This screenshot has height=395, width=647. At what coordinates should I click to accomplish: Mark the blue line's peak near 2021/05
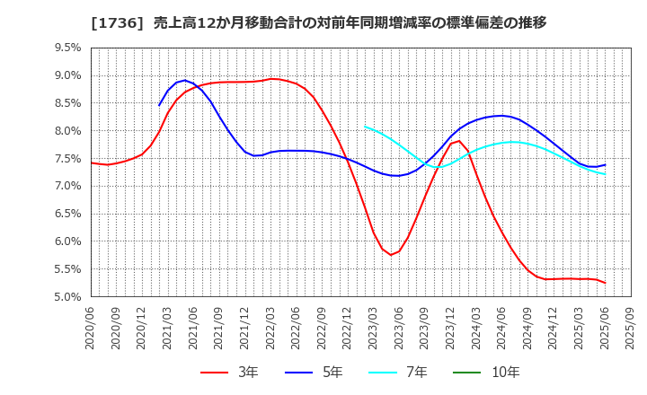tap(184, 81)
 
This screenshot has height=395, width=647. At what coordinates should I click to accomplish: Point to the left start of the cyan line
tap(365, 127)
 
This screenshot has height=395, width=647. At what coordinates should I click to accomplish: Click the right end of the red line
tap(605, 283)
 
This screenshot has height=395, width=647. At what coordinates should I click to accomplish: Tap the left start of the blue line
tap(159, 106)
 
